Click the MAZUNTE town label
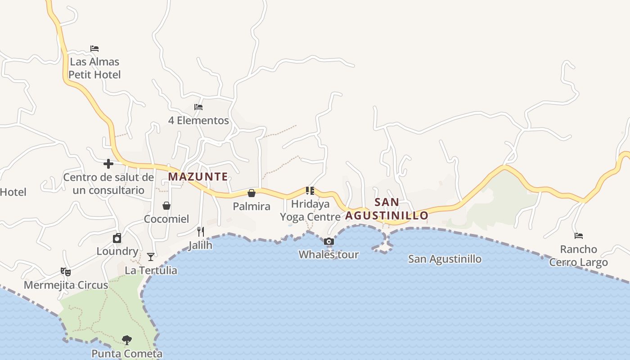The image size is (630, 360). pos(198,177)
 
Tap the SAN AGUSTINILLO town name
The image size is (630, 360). pos(387,209)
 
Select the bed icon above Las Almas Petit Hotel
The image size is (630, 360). pos(94,49)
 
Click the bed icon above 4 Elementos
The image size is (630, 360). pos(198,107)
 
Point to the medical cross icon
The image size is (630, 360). pos(108,164)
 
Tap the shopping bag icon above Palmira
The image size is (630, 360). pos(252,193)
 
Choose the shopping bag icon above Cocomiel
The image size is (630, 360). pos(166,206)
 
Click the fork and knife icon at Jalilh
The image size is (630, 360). pos(201,232)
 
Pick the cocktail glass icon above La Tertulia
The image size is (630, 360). pos(151,257)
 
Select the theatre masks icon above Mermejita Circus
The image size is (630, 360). pos(66,272)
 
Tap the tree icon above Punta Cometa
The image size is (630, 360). pos(127,340)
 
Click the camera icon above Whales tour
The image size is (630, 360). pos(329,242)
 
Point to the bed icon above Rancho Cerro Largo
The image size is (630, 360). pos(579,236)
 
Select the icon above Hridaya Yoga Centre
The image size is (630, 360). pos(310,191)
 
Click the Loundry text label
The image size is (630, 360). pos(117,251)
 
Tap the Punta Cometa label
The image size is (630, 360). pos(127,354)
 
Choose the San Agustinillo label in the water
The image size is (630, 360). pos(445,259)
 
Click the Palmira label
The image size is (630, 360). pos(252,207)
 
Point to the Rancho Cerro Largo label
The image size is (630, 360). pos(579,256)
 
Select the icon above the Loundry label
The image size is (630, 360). pos(117,238)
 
